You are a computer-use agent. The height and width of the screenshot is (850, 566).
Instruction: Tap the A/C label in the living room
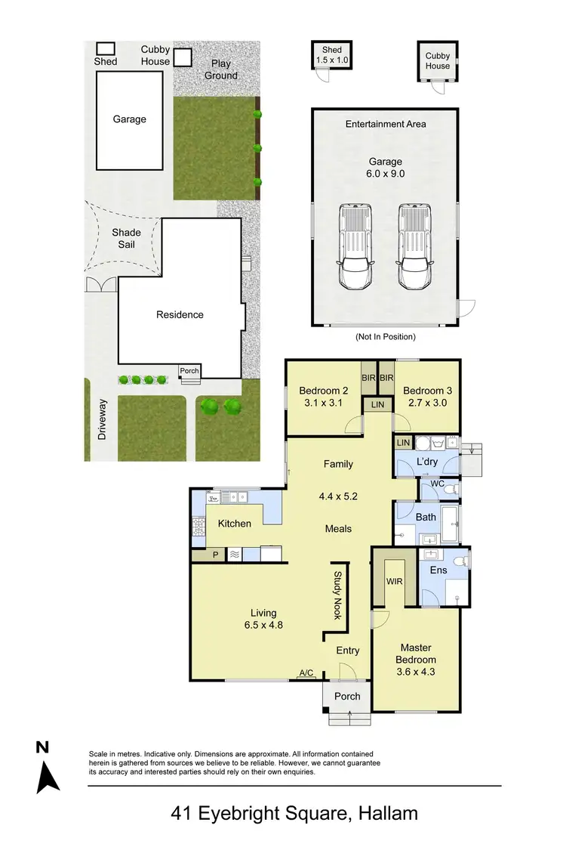[x=306, y=672]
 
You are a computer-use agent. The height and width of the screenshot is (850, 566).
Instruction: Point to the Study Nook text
[x=337, y=595]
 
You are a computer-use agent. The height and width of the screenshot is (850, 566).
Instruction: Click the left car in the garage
[x=356, y=248]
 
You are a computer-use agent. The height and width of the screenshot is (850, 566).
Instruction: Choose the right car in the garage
[x=414, y=248]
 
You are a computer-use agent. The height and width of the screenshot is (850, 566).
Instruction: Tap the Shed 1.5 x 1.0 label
[x=332, y=55]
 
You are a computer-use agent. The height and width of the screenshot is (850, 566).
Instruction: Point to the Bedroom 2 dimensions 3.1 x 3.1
[x=324, y=402]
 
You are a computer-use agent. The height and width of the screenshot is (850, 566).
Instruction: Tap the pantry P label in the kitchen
[x=215, y=555]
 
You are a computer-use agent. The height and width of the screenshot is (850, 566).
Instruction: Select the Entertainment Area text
[x=385, y=124]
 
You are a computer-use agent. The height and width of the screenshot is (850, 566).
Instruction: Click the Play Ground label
[x=221, y=70]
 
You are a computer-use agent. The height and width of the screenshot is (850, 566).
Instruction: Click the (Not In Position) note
[x=385, y=336]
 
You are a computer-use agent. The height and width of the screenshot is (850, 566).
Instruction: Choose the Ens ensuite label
[x=438, y=570]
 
